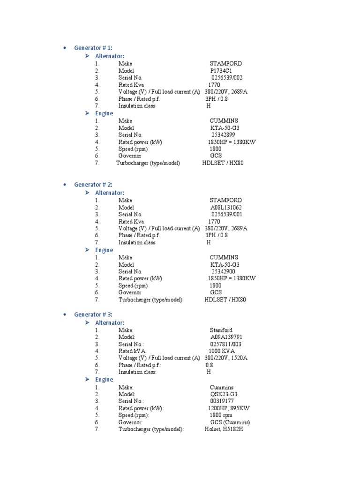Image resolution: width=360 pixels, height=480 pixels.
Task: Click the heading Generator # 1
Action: pyautogui.click(x=93, y=48)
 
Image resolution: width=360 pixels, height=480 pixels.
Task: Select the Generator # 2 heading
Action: pyautogui.click(x=93, y=185)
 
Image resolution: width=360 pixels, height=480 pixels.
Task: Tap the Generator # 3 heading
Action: pyautogui.click(x=93, y=315)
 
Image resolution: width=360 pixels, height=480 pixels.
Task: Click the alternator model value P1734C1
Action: pyautogui.click(x=221, y=71)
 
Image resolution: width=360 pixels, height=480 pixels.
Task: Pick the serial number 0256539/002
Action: pyautogui.click(x=227, y=78)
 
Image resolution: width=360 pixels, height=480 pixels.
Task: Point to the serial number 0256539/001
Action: pyautogui.click(x=227, y=215)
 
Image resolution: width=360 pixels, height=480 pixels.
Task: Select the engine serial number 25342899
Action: pyautogui.click(x=223, y=135)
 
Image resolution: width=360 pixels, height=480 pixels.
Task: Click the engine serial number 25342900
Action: pyautogui.click(x=223, y=271)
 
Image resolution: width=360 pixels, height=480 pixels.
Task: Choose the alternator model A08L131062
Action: pyautogui.click(x=226, y=208)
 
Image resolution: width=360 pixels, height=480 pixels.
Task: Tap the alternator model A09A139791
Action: pyautogui.click(x=226, y=337)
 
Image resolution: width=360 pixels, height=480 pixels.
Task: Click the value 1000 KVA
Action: pyautogui.click(x=222, y=351)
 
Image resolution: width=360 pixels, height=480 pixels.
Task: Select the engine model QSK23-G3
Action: pyautogui.click(x=224, y=394)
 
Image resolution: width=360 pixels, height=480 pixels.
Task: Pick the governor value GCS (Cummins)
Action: pyautogui.click(x=230, y=422)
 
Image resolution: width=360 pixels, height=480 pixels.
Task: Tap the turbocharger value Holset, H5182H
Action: pyautogui.click(x=224, y=429)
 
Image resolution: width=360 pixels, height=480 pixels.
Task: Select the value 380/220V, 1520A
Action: pyautogui.click(x=226, y=358)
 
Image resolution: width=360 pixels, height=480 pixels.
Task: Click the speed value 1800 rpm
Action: pyautogui.click(x=221, y=415)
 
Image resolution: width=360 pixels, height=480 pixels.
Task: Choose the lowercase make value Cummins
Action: pyautogui.click(x=222, y=388)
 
